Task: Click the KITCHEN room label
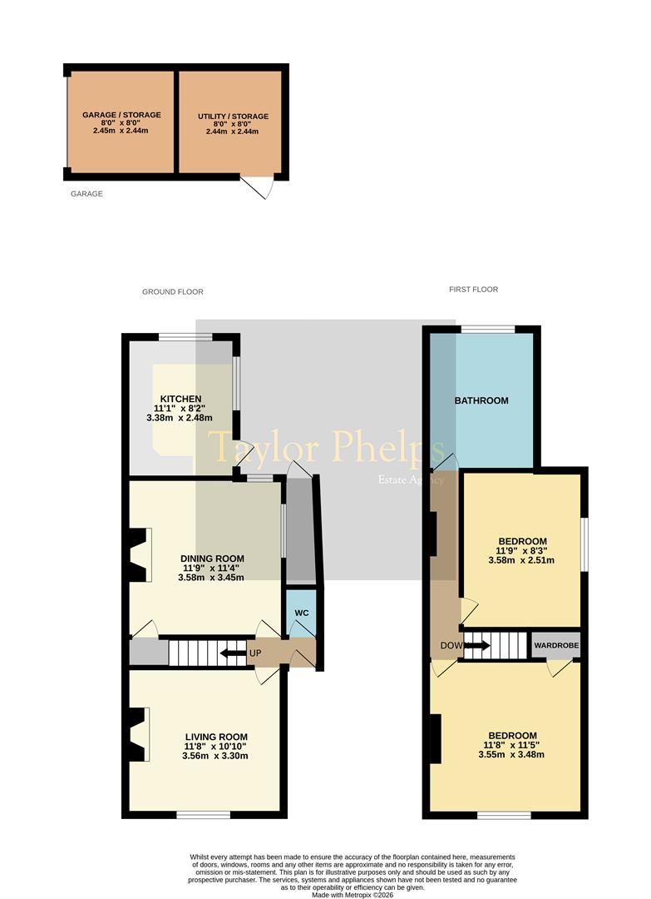(x=180, y=399)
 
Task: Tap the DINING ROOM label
(x=212, y=559)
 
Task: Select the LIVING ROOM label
(x=216, y=738)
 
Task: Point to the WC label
(x=302, y=613)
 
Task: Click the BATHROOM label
(x=481, y=400)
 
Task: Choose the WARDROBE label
(x=556, y=646)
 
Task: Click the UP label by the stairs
(x=255, y=653)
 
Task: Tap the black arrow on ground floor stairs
(x=233, y=653)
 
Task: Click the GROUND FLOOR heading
(x=173, y=292)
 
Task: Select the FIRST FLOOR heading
(x=474, y=290)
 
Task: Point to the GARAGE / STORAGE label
(x=121, y=115)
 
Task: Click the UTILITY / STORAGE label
(x=233, y=117)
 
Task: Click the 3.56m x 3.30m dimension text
(x=215, y=756)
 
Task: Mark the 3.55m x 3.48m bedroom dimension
(x=511, y=754)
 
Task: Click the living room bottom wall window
(x=203, y=814)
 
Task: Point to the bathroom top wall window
(x=488, y=329)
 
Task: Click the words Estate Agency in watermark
(x=410, y=480)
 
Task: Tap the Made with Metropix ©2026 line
(x=353, y=894)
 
